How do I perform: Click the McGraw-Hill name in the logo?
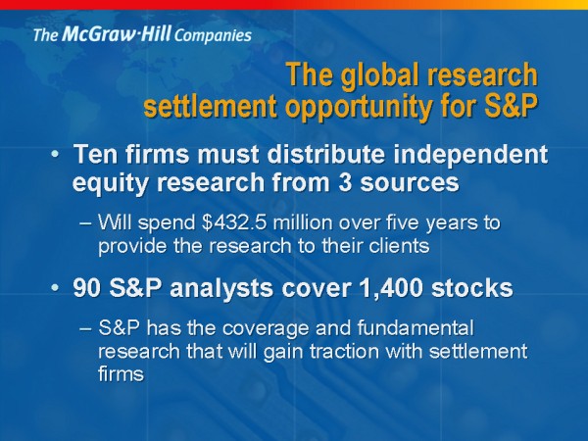point(117,34)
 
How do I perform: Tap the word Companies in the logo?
point(213,36)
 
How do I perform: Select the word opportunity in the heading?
point(359,108)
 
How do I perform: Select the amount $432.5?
point(234,222)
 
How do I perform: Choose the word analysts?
point(222,289)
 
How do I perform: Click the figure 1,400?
point(391,289)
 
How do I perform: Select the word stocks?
point(471,288)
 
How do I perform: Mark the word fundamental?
point(416,327)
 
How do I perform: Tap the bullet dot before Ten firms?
point(55,154)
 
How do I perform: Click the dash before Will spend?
point(85,223)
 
